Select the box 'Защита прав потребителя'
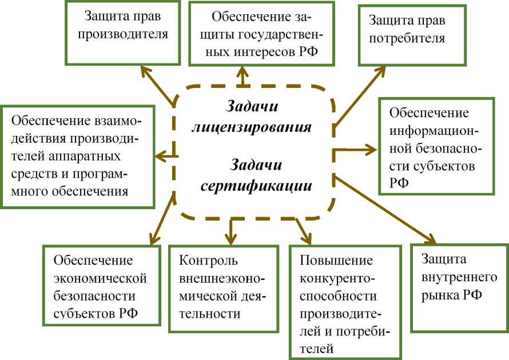(x=411, y=35)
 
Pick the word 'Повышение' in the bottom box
(x=336, y=261)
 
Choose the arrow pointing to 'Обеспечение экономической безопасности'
(x=160, y=217)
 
